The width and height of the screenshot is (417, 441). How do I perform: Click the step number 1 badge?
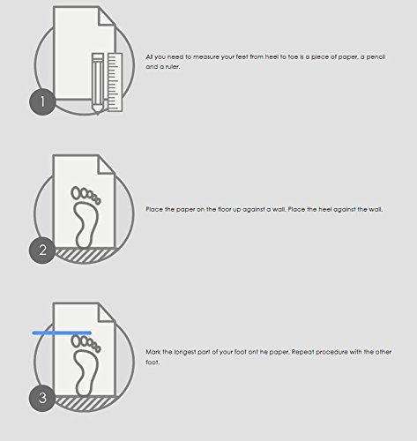click(x=42, y=101)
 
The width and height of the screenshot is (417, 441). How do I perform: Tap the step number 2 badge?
click(x=42, y=250)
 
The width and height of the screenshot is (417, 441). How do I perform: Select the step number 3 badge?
click(x=42, y=398)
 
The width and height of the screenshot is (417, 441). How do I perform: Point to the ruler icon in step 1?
click(x=115, y=82)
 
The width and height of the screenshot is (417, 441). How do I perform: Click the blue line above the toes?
click(x=62, y=333)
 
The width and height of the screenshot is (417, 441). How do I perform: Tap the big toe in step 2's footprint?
click(x=77, y=193)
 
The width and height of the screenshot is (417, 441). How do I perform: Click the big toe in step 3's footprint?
click(x=77, y=341)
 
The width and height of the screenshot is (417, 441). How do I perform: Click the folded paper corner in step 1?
click(x=106, y=17)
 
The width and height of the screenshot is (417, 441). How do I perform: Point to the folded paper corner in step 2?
click(x=106, y=165)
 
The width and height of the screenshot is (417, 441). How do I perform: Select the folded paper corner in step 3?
click(x=106, y=313)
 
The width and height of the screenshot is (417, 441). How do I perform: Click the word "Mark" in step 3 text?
click(x=153, y=352)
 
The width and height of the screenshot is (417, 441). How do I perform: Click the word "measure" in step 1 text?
click(x=205, y=57)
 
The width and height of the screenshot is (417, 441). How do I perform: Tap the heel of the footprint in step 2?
click(x=84, y=241)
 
